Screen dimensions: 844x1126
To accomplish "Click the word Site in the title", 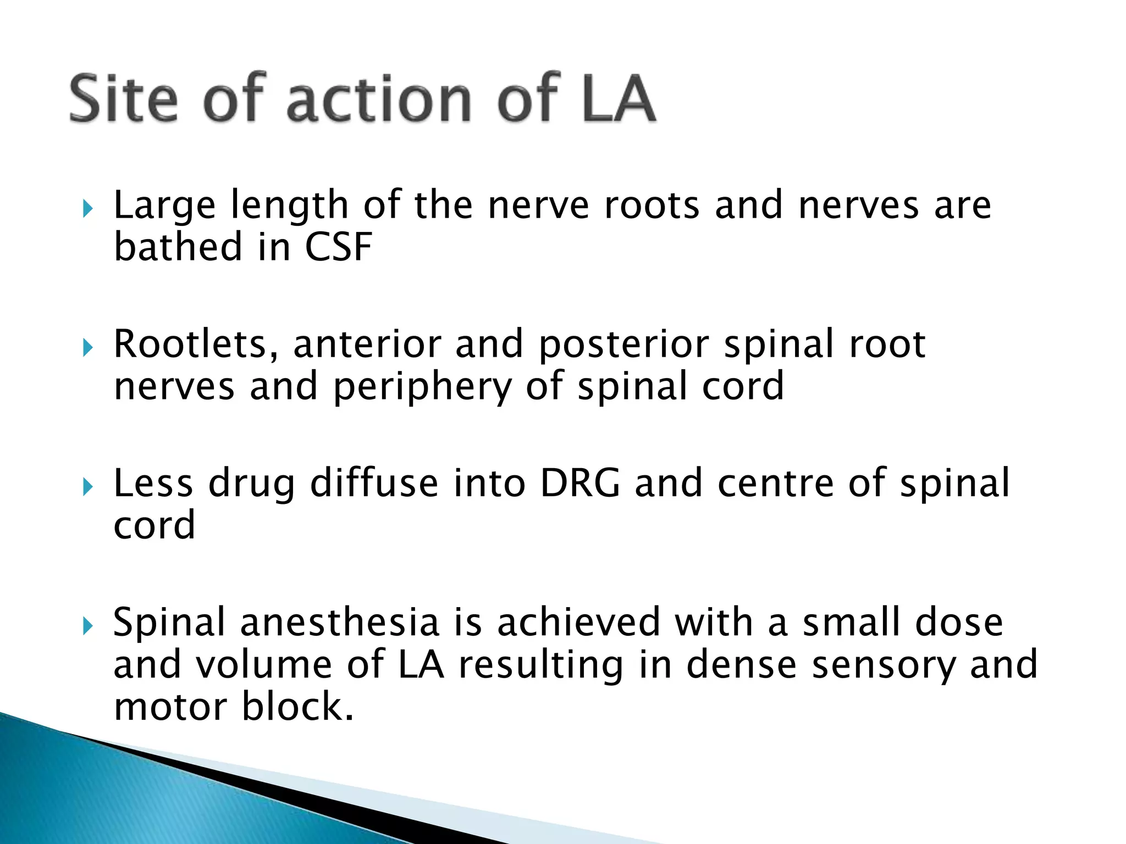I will [124, 99].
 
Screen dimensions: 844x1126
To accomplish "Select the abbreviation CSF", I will [338, 247].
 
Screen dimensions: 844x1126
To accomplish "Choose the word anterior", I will [367, 345].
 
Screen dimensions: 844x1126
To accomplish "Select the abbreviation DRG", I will [580, 484].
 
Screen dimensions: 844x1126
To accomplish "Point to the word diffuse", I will [374, 484].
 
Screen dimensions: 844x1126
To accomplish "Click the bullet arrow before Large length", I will [87, 209].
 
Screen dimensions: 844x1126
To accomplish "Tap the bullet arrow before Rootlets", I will [87, 348].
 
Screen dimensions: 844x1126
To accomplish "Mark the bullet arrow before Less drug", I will [87, 487].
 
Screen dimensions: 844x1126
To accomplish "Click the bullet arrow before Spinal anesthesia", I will [87, 626].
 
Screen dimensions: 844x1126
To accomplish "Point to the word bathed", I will [178, 247].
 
